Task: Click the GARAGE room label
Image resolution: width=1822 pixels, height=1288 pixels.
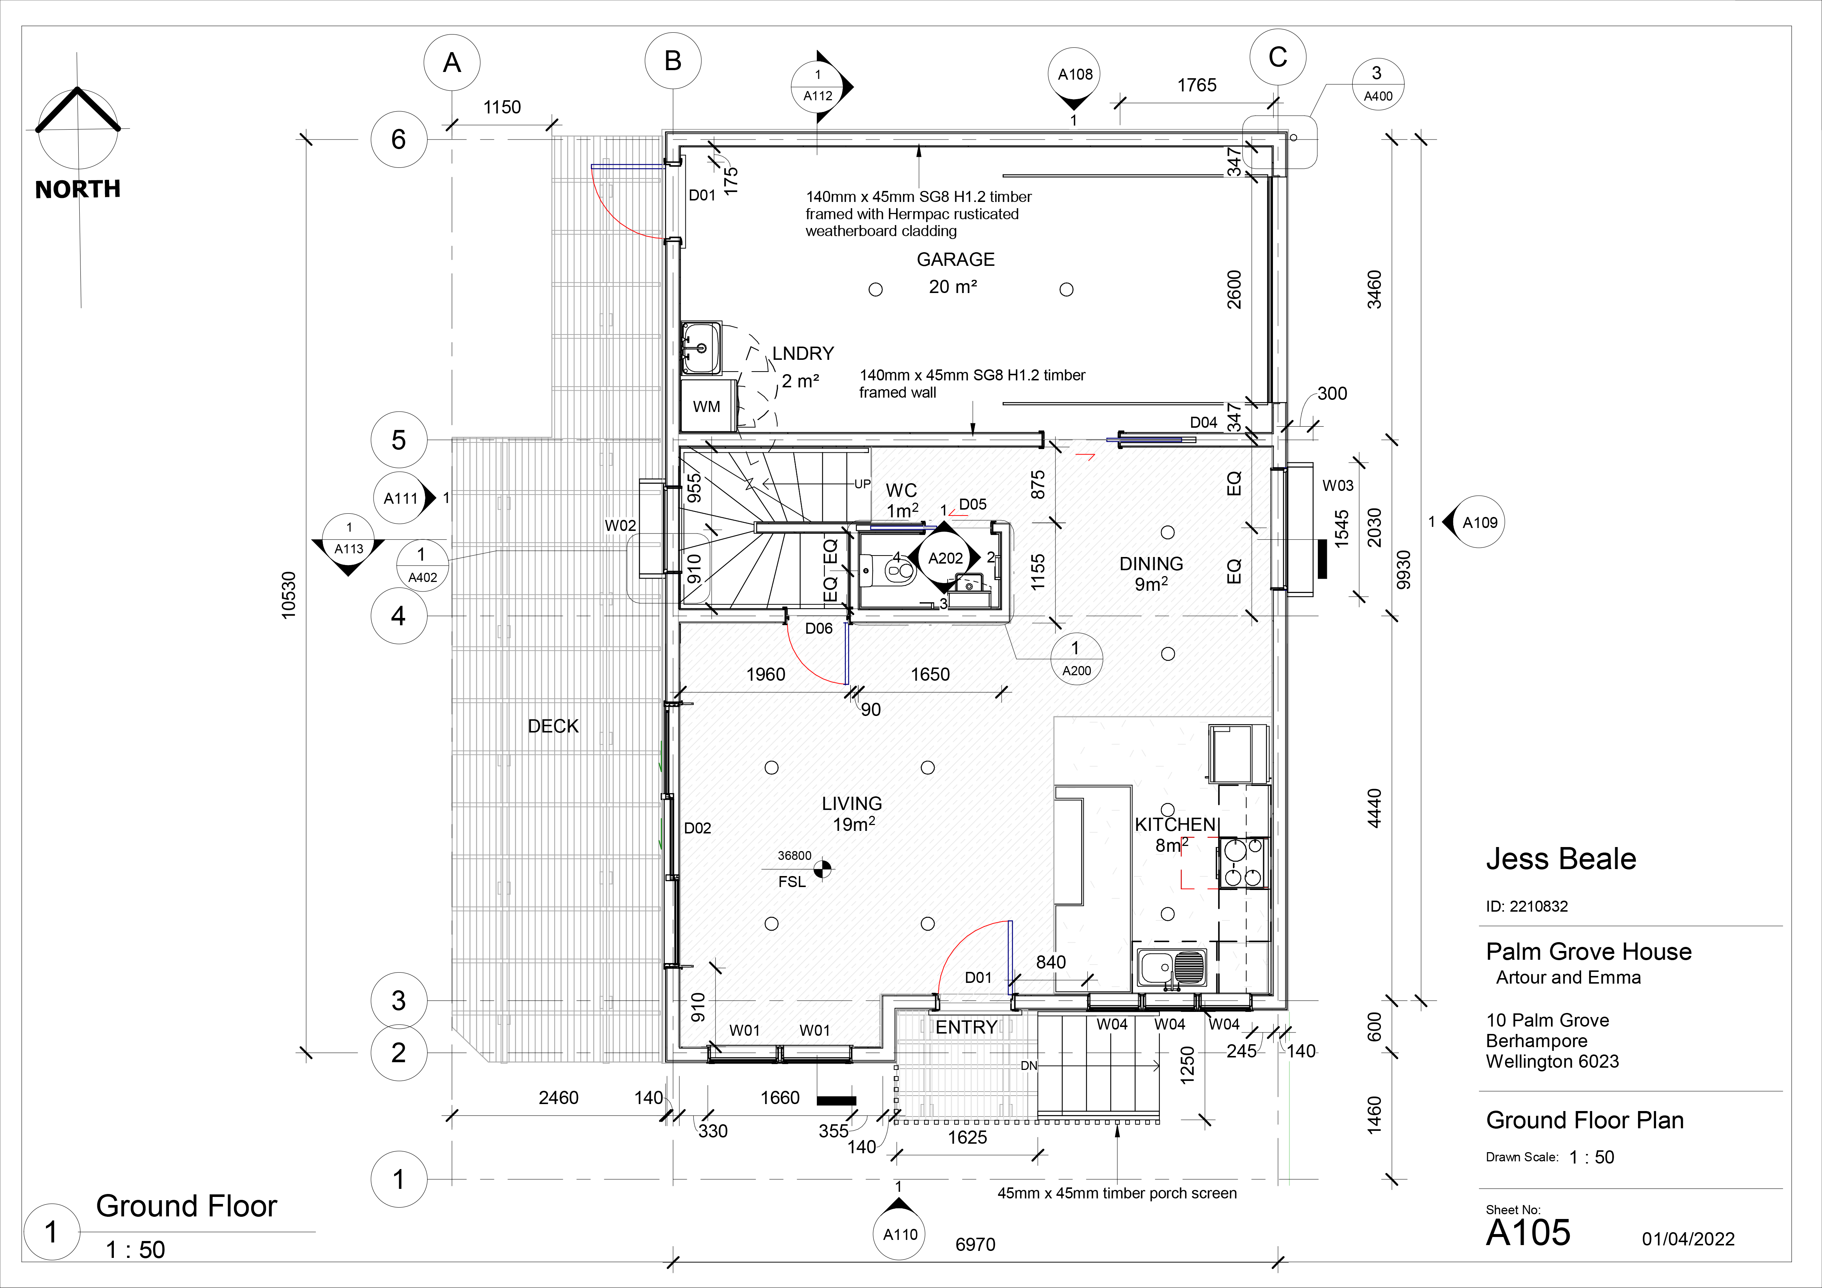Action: (956, 259)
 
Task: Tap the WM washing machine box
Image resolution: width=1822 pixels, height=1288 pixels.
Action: (707, 405)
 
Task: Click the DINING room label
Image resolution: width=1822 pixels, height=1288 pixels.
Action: (1151, 564)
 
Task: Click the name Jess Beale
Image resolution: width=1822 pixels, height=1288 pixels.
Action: (1561, 859)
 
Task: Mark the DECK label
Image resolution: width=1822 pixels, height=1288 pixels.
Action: (553, 727)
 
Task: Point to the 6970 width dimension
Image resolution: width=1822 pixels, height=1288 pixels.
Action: (975, 1244)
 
